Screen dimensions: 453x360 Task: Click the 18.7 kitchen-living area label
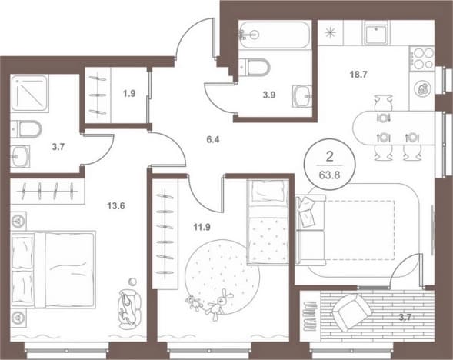click(358, 75)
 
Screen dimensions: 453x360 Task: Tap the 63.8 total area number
click(329, 175)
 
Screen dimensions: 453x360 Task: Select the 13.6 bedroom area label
click(116, 206)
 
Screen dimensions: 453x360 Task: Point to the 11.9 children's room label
click(202, 228)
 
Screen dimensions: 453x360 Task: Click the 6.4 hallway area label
click(213, 139)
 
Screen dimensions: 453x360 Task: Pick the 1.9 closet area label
click(129, 94)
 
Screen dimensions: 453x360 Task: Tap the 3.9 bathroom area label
click(268, 95)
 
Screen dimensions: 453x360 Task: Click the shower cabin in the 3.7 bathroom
click(29, 93)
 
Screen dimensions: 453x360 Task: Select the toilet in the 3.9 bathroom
click(255, 68)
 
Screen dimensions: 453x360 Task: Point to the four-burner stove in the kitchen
click(422, 58)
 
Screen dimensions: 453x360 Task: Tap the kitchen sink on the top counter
click(375, 32)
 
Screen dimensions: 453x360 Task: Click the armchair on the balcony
click(352, 312)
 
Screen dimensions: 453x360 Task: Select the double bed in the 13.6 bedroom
click(53, 269)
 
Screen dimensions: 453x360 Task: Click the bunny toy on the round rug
click(218, 305)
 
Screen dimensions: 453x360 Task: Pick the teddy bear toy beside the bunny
click(195, 303)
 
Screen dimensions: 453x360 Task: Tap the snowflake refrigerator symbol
click(330, 32)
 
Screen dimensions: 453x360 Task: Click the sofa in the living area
click(311, 230)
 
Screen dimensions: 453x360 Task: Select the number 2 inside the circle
click(329, 157)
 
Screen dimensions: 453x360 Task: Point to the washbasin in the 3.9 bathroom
click(302, 96)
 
